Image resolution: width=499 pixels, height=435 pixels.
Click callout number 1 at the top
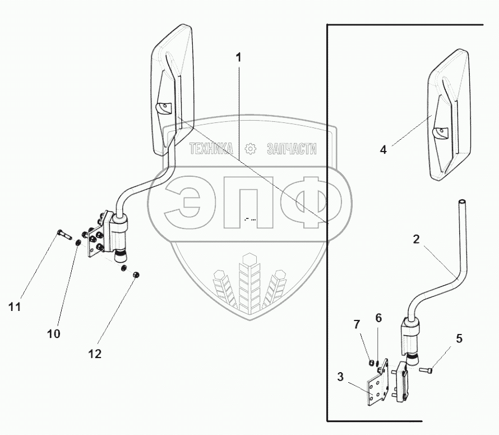click(x=239, y=58)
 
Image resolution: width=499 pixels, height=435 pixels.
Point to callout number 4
click(x=383, y=149)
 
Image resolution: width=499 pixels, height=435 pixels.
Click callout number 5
click(x=459, y=338)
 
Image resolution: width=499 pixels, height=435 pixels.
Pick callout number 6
click(x=378, y=318)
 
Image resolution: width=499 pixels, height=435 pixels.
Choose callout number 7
click(x=356, y=324)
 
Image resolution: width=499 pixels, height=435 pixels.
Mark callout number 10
click(x=54, y=333)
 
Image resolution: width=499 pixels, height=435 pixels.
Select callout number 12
click(x=95, y=354)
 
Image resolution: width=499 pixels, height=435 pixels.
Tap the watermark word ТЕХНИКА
click(x=212, y=149)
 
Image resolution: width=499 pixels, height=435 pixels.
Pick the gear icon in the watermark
click(x=251, y=149)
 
